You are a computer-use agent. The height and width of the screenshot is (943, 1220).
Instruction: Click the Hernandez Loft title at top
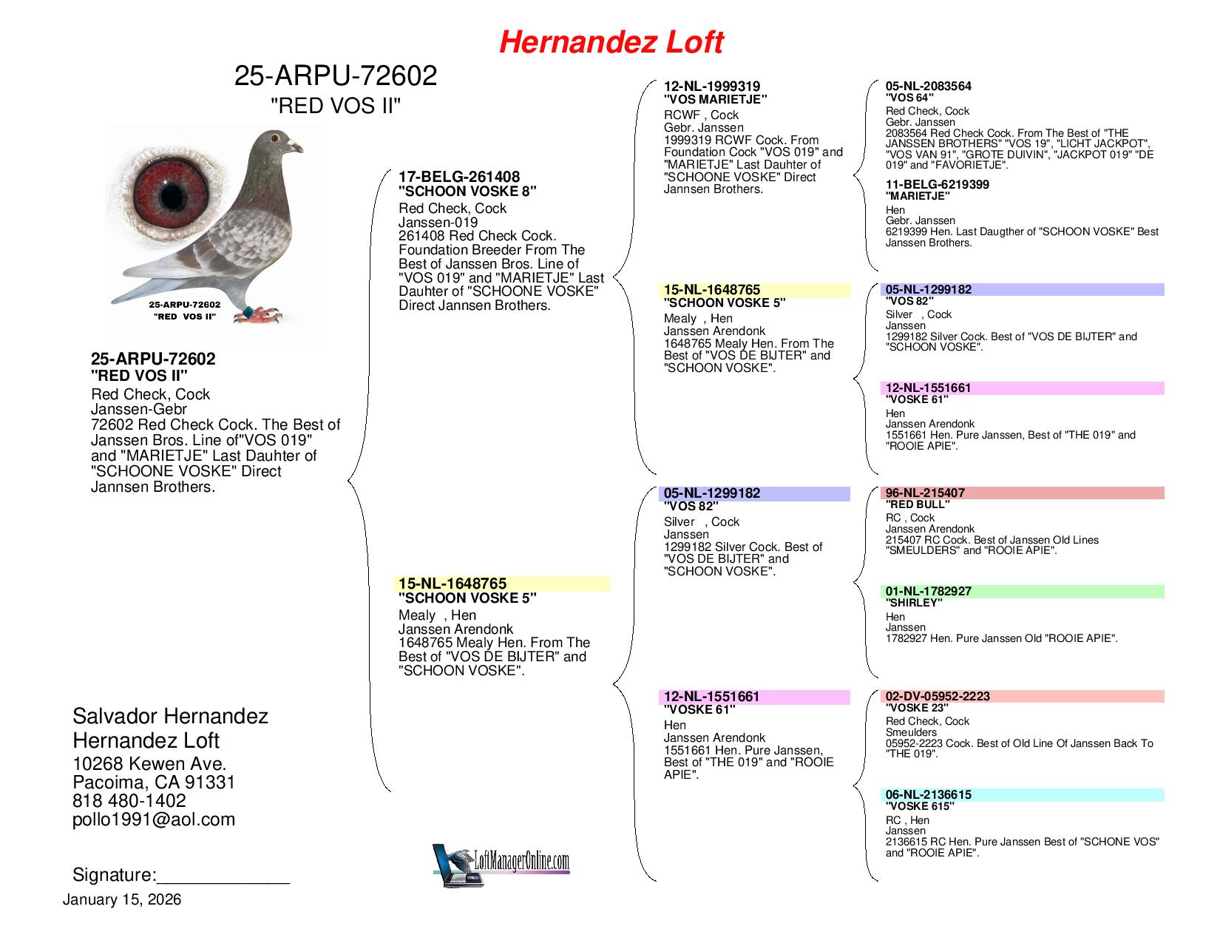[x=611, y=42]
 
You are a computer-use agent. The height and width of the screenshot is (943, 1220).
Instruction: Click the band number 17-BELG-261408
[x=458, y=177]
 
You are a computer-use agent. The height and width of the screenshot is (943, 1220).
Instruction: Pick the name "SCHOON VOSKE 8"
[x=467, y=191]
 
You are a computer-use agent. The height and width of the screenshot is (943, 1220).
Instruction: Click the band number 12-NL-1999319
[x=711, y=87]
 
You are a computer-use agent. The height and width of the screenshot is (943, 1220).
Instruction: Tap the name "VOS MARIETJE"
[x=715, y=99]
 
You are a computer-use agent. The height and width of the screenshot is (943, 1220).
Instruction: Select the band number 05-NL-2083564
[x=928, y=86]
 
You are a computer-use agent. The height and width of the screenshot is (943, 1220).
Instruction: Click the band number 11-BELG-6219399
[x=937, y=184]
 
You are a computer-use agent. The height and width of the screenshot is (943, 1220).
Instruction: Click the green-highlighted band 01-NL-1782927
[x=928, y=591]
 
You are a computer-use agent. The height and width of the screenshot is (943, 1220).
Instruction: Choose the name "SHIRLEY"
[x=913, y=603]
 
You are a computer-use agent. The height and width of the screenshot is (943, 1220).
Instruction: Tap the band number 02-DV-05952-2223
[x=937, y=696]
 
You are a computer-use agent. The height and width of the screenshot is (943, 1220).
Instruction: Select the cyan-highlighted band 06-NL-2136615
[x=928, y=794]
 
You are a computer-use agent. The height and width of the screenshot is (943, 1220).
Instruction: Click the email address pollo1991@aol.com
[x=154, y=819]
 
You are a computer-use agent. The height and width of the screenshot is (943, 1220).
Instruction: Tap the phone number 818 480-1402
[x=129, y=801]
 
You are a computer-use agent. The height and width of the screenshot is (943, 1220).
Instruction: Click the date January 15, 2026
[x=122, y=899]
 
